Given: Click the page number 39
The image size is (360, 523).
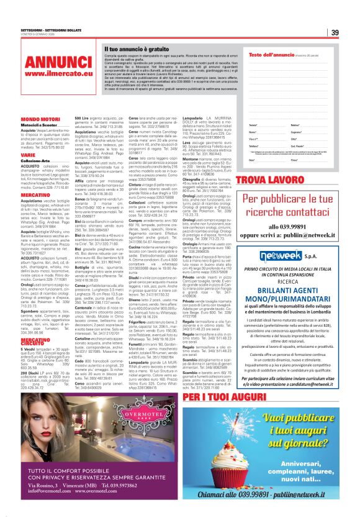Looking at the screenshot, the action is coord(334,33).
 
